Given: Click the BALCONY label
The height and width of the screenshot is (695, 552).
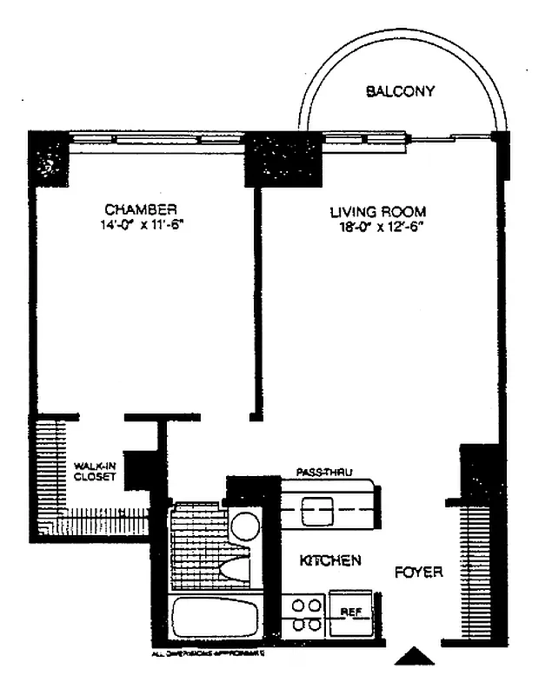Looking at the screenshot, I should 399,90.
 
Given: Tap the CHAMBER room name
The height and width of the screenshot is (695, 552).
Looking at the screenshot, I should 141,209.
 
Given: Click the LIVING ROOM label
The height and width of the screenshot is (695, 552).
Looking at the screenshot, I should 377,211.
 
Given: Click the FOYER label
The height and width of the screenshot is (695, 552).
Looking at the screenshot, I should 419,573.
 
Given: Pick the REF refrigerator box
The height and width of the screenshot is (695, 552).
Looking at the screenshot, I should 350,613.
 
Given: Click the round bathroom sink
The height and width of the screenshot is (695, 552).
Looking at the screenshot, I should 246,527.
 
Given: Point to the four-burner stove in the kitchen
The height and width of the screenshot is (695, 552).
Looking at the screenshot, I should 305,613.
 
